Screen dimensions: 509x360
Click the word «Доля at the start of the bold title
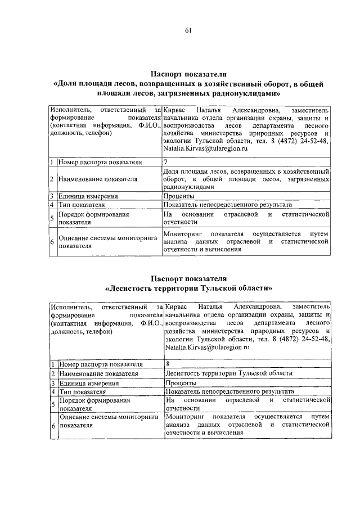(69, 84)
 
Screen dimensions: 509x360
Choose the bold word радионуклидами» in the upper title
(243, 94)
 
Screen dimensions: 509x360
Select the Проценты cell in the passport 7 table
(179, 196)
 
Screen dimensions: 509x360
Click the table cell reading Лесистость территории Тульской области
(229, 373)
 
